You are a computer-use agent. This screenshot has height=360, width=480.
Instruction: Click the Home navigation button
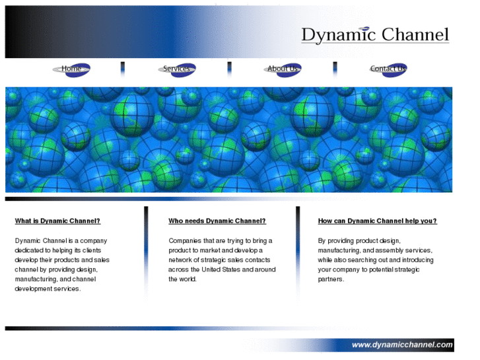pos(71,69)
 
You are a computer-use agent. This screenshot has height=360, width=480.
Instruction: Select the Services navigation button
pos(177,69)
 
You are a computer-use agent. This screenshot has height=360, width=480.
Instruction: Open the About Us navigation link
pos(283,69)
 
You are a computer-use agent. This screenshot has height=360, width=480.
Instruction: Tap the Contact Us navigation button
pos(388,69)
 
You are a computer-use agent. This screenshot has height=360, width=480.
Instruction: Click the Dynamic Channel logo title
pos(374,35)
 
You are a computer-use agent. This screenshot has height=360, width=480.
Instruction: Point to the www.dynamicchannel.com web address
pos(402,345)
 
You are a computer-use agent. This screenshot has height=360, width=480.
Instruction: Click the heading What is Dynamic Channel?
pos(57,221)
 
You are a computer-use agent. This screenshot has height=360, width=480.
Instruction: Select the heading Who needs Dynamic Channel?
pos(217,221)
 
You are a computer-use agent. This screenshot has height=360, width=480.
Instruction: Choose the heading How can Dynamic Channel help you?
pos(377,221)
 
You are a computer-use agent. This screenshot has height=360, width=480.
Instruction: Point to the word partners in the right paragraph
pos(330,279)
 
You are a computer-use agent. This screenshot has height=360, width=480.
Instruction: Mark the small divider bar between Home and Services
pos(123,69)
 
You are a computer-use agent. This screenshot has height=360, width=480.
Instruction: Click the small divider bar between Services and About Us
pos(229,69)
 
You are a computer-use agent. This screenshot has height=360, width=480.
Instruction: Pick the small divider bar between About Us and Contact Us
pos(335,69)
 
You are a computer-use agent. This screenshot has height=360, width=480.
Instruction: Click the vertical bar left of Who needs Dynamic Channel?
pos(146,251)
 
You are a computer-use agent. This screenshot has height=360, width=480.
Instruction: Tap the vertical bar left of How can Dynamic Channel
pos(298,251)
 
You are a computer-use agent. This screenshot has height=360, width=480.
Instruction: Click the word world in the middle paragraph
pos(188,279)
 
